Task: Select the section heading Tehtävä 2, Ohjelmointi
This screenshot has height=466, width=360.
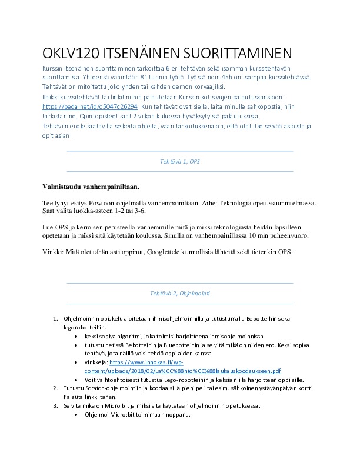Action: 179,292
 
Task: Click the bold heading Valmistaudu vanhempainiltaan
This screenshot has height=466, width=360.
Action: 91,187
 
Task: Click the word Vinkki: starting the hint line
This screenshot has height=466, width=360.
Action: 54,252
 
